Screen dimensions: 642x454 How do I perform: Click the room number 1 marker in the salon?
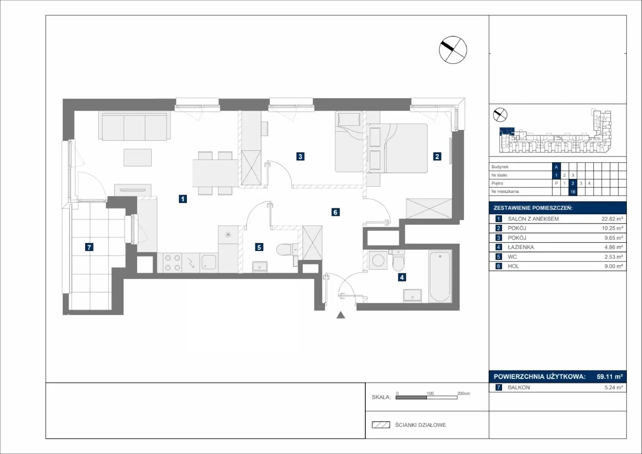coord(183,199)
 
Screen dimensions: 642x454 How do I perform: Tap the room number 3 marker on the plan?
coord(300,156)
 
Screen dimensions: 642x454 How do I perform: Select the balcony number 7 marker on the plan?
coord(89,247)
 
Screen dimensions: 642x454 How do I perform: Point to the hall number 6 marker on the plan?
coord(335,212)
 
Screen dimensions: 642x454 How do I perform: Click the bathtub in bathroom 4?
coord(440,276)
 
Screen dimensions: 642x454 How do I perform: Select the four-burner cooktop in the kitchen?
coord(173,263)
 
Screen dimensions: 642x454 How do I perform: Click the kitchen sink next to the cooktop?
coord(209,262)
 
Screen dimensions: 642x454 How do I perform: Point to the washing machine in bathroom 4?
coord(378,261)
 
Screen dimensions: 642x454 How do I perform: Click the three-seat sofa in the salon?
coord(134,126)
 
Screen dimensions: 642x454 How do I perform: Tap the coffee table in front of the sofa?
coord(138,157)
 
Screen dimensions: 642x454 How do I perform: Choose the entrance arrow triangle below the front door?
coord(341,315)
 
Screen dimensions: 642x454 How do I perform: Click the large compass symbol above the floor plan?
coord(453,50)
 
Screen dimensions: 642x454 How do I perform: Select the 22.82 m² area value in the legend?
coord(612,219)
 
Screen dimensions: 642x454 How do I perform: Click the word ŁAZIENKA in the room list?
coord(521,247)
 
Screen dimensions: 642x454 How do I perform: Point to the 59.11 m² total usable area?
coord(610,377)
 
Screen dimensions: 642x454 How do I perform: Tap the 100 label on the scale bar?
coord(430,393)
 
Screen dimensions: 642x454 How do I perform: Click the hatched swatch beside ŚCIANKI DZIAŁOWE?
coord(381,425)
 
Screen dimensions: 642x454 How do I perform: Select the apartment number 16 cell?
coord(573,192)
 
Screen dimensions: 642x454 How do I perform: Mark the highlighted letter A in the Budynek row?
coord(556,167)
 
